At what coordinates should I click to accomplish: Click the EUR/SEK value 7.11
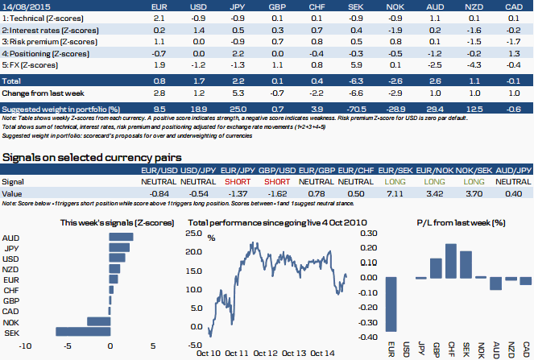point(395,194)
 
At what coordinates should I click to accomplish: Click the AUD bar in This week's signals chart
point(121,238)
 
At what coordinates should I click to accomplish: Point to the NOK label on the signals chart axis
point(12,321)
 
